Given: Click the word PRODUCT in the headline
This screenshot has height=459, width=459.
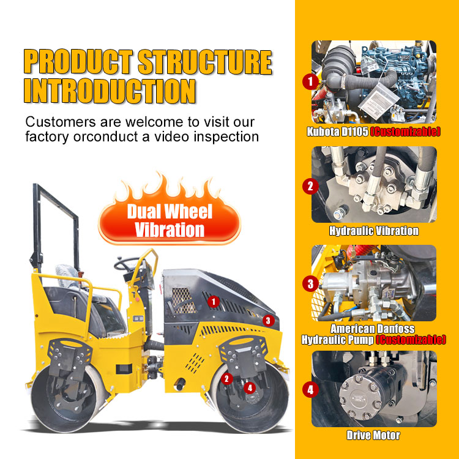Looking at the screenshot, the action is click(78, 62).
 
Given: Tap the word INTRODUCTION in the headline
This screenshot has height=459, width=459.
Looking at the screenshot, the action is click(110, 91).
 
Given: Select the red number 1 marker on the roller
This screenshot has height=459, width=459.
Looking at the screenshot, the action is click(214, 302).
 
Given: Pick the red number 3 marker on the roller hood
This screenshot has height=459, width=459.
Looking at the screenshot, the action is click(268, 321).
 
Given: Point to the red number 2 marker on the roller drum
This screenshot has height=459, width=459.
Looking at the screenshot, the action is click(226, 379).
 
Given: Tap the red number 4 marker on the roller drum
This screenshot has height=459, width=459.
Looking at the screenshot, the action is click(250, 388).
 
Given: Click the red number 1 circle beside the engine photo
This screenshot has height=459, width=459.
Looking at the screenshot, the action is click(310, 81).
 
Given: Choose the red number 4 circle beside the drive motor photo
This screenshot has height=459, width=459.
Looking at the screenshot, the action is click(310, 390).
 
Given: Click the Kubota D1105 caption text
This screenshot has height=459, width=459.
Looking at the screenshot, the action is click(337, 132).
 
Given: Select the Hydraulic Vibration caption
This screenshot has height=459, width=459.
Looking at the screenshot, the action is click(374, 231).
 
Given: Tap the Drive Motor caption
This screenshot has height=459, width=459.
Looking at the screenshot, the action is click(373, 435).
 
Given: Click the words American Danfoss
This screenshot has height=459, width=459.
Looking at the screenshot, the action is click(372, 329).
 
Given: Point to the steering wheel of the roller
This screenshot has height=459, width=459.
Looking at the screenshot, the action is click(127, 264).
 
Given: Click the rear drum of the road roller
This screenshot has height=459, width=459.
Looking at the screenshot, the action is click(69, 398).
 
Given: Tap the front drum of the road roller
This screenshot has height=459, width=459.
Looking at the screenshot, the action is click(250, 398).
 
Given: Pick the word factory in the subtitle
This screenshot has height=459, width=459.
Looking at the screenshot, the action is click(47, 136).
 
